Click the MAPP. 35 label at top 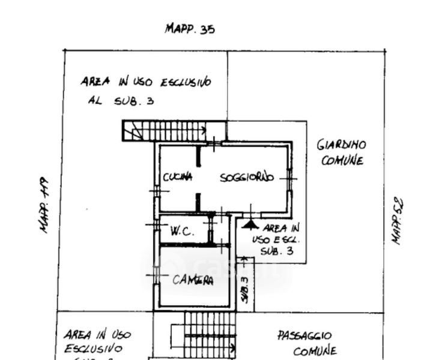(190, 29)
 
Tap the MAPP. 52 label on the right (397, 221)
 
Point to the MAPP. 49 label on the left (44, 204)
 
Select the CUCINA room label (178, 177)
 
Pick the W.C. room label (181, 231)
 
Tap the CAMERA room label (193, 280)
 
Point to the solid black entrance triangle (250, 224)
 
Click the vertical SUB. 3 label (244, 289)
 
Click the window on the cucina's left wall (157, 191)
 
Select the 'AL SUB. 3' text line (121, 101)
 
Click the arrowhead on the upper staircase (205, 129)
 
